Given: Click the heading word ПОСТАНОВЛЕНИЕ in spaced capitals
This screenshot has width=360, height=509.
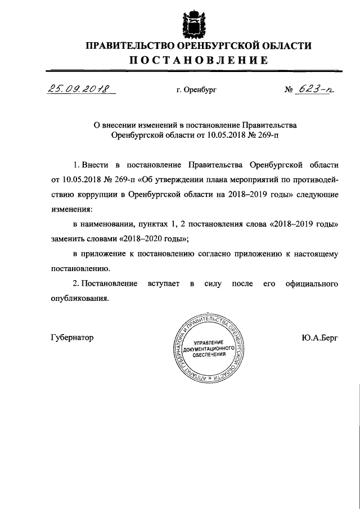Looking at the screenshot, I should pyautogui.click(x=197, y=61).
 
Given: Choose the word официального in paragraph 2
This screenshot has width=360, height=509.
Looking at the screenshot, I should pyautogui.click(x=311, y=283).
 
